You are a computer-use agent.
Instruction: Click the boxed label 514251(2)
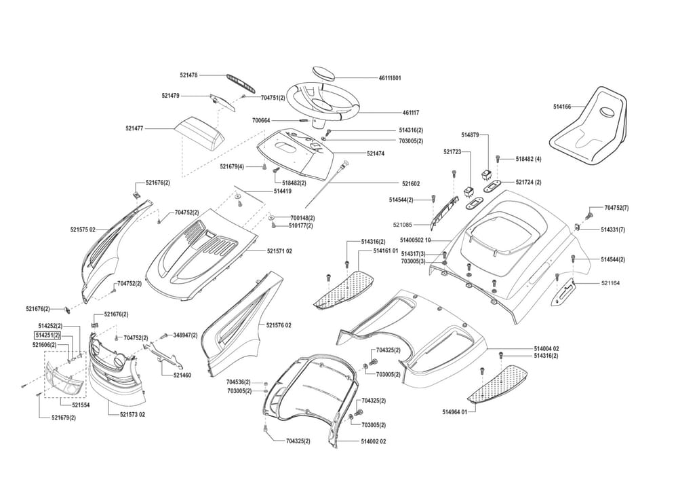pyautogui.click(x=47, y=335)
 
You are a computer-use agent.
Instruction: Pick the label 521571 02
pyautogui.click(x=279, y=251)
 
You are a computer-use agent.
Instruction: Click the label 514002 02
pyautogui.click(x=374, y=441)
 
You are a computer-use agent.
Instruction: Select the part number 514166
pyautogui.click(x=562, y=107)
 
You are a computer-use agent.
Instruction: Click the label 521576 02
pyautogui.click(x=279, y=325)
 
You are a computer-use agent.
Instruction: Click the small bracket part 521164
pyautogui.click(x=565, y=291)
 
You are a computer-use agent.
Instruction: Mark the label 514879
pyautogui.click(x=470, y=136)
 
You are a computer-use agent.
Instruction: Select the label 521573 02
pyautogui.click(x=132, y=414)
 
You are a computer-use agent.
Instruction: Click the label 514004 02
pyautogui.click(x=546, y=348)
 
